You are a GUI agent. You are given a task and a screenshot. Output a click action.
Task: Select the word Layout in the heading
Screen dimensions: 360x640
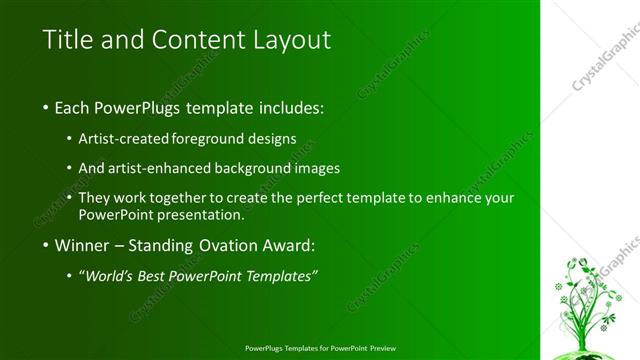click(289, 40)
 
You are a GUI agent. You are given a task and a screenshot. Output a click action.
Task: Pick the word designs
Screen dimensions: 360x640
click(272, 139)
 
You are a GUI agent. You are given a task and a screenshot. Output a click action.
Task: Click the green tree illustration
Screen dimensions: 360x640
click(585, 300)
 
